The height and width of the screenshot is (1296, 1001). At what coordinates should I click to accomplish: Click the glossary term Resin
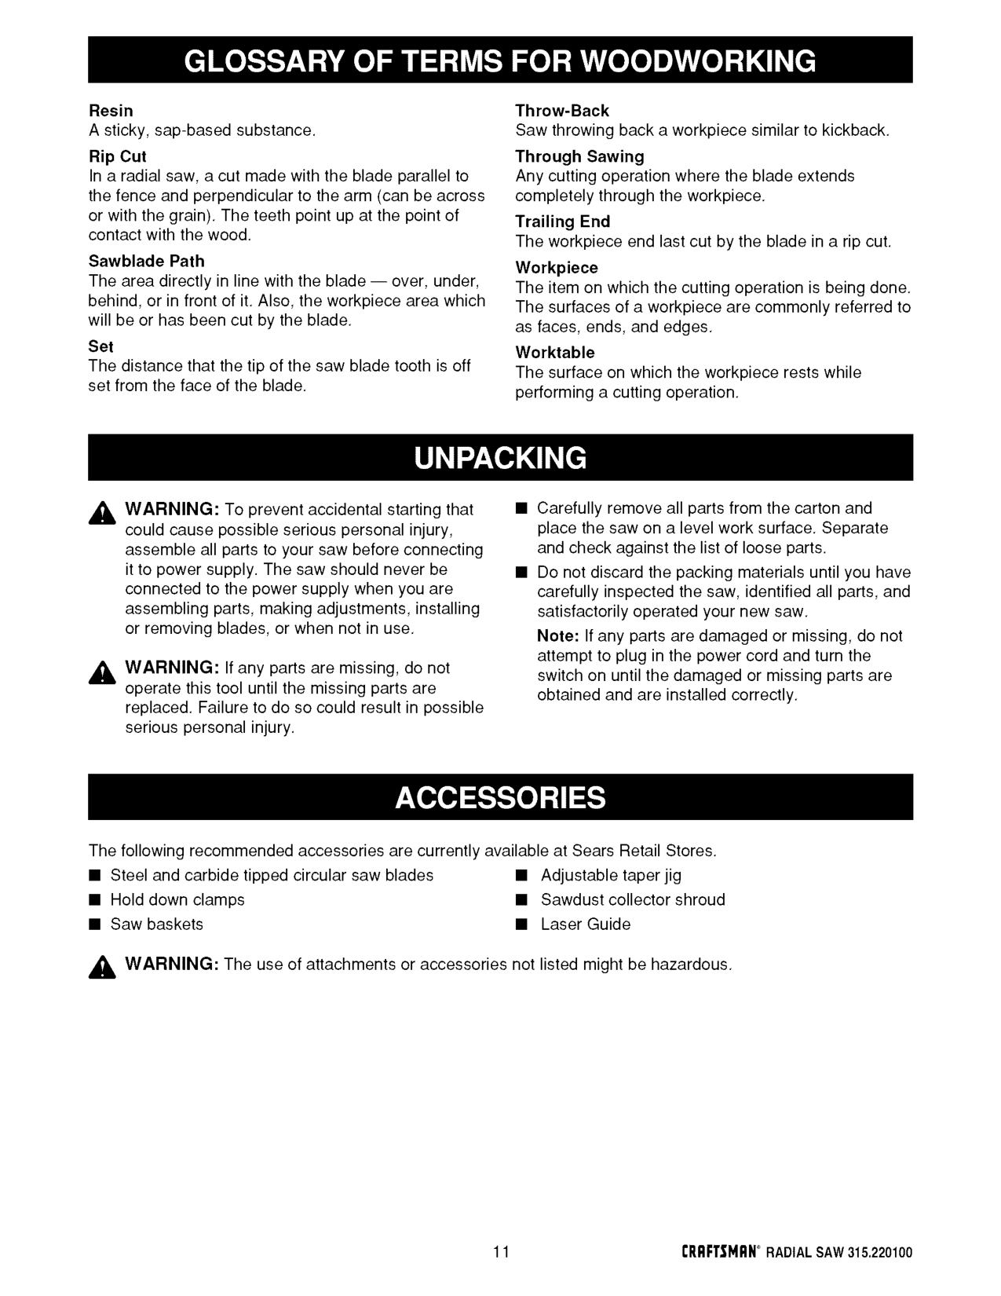click(111, 111)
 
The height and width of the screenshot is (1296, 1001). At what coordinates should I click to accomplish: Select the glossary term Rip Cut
click(118, 156)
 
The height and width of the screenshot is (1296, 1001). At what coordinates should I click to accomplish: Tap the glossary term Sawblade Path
click(147, 261)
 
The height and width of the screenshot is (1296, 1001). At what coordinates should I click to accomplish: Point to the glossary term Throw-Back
click(562, 111)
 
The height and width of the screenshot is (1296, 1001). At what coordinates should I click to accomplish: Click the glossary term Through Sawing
click(579, 156)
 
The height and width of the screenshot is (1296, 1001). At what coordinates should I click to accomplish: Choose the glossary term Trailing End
click(563, 221)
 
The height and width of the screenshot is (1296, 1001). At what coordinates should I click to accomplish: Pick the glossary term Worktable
click(555, 353)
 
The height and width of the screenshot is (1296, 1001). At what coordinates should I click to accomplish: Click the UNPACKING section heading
click(500, 457)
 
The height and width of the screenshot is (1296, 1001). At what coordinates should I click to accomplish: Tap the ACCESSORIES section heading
click(500, 797)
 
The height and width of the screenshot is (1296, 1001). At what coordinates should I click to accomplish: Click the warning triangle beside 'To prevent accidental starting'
click(103, 513)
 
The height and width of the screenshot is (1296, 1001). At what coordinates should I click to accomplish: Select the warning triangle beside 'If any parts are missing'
click(103, 672)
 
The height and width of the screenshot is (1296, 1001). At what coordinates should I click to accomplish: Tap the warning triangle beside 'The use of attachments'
click(103, 968)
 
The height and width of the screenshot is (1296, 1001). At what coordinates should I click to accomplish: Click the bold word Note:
click(558, 636)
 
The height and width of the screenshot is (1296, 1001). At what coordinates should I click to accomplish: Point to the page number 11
click(502, 1252)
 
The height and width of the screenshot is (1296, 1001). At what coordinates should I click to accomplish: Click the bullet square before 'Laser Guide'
click(521, 924)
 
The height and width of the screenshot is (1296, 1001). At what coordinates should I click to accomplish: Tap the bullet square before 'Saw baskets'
click(93, 924)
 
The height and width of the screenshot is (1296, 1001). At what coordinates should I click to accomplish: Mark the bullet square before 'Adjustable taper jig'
click(521, 876)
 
